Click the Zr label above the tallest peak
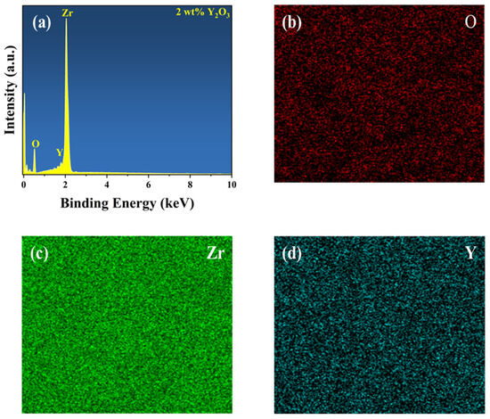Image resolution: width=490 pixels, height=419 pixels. click(x=68, y=13)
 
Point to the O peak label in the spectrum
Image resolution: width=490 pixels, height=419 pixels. click(x=35, y=143)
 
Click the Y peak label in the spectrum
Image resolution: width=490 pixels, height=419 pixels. click(x=59, y=152)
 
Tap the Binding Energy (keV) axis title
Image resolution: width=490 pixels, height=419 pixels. click(x=127, y=202)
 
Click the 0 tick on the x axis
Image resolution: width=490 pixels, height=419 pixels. click(x=24, y=185)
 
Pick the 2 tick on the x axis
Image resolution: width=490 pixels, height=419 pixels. click(x=65, y=185)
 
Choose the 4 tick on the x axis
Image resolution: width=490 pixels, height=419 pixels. click(x=107, y=185)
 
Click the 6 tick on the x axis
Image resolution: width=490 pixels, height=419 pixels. click(x=148, y=185)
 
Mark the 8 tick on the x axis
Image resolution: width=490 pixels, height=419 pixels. click(x=190, y=185)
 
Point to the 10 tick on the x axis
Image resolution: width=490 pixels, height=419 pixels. click(x=230, y=185)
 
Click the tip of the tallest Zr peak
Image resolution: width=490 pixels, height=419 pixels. click(x=66, y=21)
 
